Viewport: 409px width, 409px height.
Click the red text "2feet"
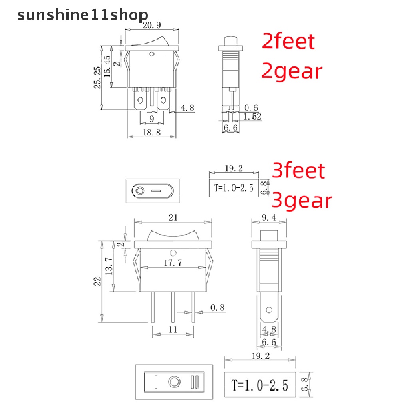coord(288,41)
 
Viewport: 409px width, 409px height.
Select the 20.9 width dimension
coord(152,26)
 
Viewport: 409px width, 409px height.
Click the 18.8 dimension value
coord(151,133)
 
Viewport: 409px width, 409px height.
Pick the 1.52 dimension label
coord(252,117)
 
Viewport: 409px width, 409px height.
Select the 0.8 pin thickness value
coord(218,308)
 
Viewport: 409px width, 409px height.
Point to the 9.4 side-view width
coord(269,218)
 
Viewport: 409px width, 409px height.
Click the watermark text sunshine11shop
coord(83,15)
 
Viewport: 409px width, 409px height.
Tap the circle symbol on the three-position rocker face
coord(174,381)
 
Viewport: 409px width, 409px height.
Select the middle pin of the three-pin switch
coord(173,307)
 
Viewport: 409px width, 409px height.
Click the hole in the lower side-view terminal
coord(269,310)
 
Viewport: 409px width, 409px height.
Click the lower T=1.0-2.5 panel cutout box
coord(260,385)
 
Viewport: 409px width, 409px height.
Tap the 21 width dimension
coord(173,218)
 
